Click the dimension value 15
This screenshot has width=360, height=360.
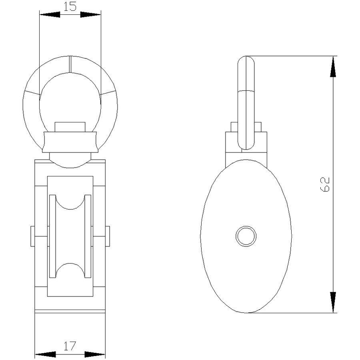pyautogui.click(x=70, y=6)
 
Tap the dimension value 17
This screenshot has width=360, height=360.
pyautogui.click(x=70, y=346)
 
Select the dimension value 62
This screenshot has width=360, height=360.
pyautogui.click(x=325, y=184)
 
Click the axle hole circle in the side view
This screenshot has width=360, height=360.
pyautogui.click(x=246, y=236)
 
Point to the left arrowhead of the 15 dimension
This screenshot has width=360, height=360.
pyautogui.click(x=50, y=15)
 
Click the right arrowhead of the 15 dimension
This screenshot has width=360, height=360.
pyautogui.click(x=90, y=15)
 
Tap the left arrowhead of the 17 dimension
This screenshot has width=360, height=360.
pyautogui.click(x=45, y=354)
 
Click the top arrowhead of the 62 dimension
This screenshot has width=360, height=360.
pyautogui.click(x=333, y=66)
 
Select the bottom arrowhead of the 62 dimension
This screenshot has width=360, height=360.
pyautogui.click(x=333, y=302)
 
